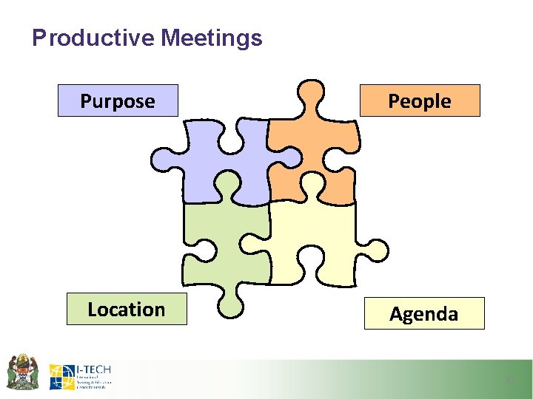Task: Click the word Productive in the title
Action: (x=93, y=38)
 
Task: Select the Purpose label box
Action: (x=118, y=100)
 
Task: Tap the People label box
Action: (x=420, y=100)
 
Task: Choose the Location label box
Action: (x=127, y=309)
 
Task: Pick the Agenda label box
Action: (x=424, y=313)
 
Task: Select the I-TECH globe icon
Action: (x=61, y=376)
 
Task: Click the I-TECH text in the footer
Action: (x=93, y=369)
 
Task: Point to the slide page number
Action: (x=509, y=380)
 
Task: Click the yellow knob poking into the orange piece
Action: (x=310, y=183)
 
